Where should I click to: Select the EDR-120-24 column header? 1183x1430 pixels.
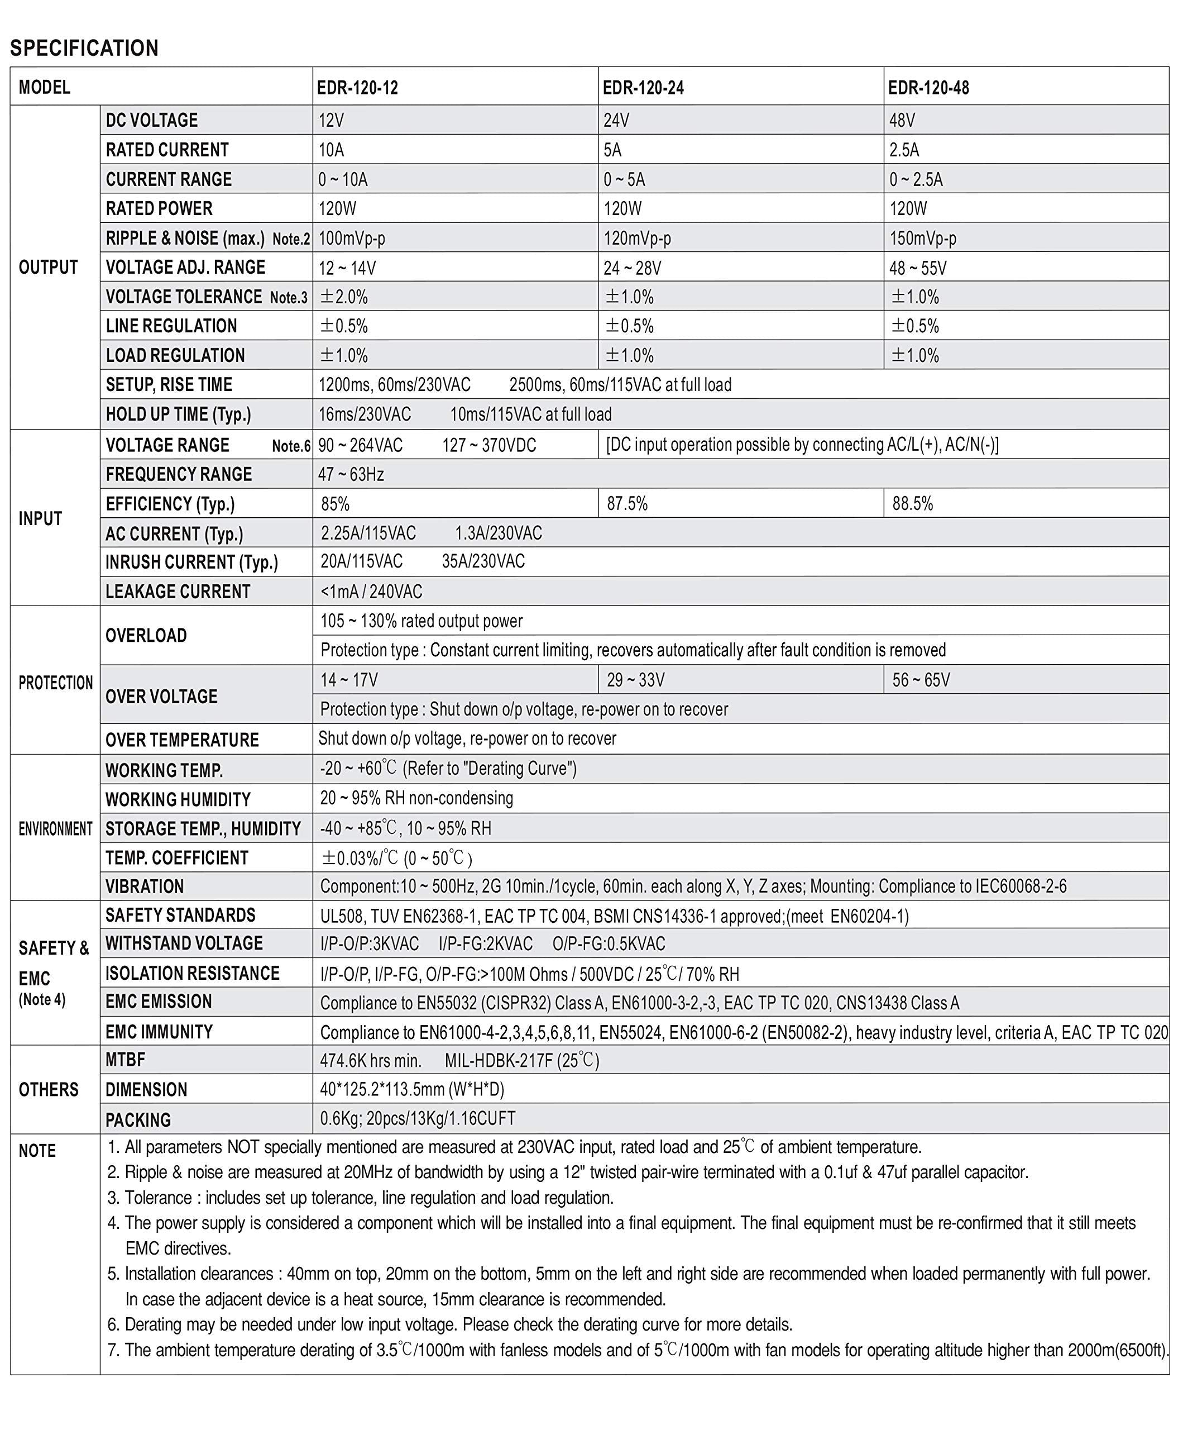click(643, 88)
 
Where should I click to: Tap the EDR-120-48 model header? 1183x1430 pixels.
click(928, 88)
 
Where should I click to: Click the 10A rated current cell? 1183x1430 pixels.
click(332, 150)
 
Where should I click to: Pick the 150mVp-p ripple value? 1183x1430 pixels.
click(923, 239)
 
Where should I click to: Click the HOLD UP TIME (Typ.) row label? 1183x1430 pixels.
click(178, 414)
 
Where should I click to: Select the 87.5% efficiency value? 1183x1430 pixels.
click(628, 504)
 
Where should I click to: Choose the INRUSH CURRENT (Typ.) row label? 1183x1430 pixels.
click(192, 563)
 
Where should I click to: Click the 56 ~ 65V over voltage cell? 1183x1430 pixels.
click(921, 680)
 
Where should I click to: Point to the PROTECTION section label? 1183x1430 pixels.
click(56, 683)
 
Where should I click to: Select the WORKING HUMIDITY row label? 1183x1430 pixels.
click(178, 799)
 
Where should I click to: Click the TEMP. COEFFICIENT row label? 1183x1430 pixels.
click(177, 858)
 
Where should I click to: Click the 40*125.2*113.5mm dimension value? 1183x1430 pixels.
click(413, 1089)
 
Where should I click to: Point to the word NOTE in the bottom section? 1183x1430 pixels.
click(37, 1151)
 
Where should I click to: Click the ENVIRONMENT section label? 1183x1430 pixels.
click(56, 829)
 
